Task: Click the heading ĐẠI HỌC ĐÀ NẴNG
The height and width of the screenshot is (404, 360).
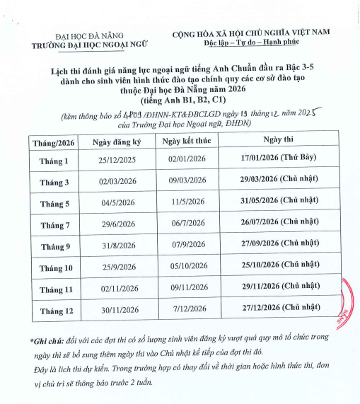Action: pyautogui.click(x=89, y=35)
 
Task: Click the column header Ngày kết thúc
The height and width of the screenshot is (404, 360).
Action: pyautogui.click(x=186, y=142)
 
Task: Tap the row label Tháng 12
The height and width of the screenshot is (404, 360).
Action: pyautogui.click(x=56, y=310)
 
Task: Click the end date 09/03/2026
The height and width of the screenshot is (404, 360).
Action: pyautogui.click(x=186, y=182)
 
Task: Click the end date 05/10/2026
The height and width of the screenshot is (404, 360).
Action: pyautogui.click(x=186, y=267)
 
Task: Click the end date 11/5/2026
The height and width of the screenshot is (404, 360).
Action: pyautogui.click(x=186, y=203)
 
